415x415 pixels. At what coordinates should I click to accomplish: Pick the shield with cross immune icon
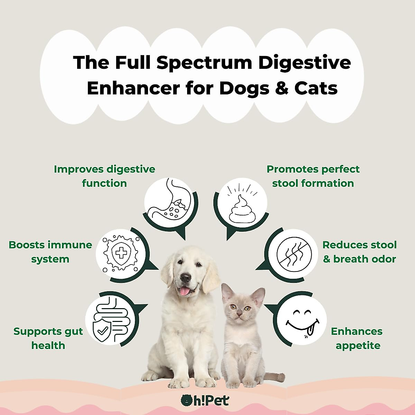pos(121,253)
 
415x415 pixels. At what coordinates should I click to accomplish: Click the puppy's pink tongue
pos(184,292)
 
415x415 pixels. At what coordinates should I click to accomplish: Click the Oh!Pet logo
pos(205,401)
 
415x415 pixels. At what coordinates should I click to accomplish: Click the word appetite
pos(358,345)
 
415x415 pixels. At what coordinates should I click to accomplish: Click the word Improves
pos(79,169)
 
